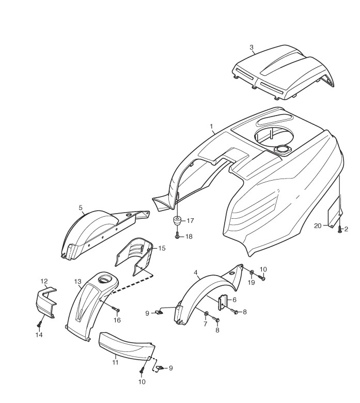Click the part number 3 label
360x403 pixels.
tap(252, 48)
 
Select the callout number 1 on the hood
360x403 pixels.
tap(212, 126)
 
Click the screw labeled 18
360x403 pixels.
tap(177, 235)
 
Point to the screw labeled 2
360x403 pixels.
tap(339, 228)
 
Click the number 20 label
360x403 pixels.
tap(318, 225)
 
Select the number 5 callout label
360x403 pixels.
tap(81, 207)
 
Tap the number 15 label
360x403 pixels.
tap(162, 248)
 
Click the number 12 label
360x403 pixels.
tap(44, 281)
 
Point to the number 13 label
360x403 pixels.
tap(78, 282)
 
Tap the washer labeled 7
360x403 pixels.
tap(207, 313)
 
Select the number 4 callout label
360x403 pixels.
tap(196, 271)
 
